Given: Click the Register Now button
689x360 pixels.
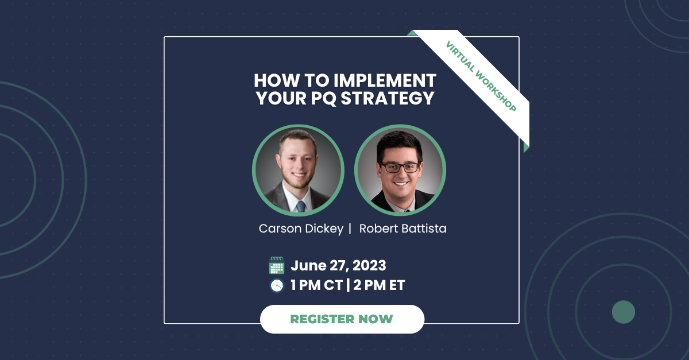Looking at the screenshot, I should click(x=342, y=319).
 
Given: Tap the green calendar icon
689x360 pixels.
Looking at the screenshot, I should click(x=277, y=265).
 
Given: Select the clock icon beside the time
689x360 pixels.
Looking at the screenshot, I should click(x=277, y=285).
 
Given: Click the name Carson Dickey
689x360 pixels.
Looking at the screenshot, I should click(x=301, y=229).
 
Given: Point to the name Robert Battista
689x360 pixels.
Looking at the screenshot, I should click(x=402, y=229).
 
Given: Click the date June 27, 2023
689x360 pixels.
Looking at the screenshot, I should click(x=338, y=265).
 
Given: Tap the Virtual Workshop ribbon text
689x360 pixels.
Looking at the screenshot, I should click(x=481, y=77).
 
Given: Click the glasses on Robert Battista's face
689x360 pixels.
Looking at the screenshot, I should click(x=400, y=168).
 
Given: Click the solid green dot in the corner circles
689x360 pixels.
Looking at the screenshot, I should click(x=623, y=312).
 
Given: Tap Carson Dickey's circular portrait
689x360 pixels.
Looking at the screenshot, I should click(x=298, y=170).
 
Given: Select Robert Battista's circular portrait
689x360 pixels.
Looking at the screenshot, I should click(x=400, y=170).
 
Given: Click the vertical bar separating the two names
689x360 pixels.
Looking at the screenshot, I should click(x=349, y=229).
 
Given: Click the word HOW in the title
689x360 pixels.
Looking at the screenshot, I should click(x=273, y=80).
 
